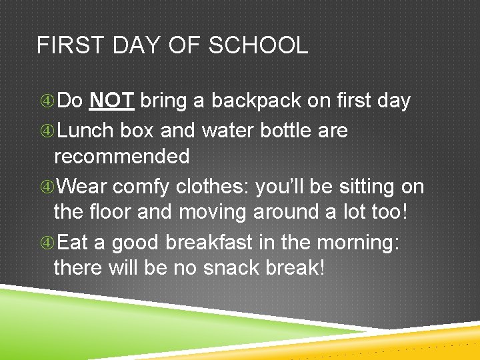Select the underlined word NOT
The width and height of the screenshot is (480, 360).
pos(113,101)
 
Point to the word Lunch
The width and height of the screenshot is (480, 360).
pos(86,130)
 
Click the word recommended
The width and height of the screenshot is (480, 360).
pos(121,157)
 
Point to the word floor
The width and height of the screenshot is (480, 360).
pos(109,213)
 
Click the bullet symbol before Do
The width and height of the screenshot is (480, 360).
pos(47,101)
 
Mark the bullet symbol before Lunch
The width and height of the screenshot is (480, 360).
pos(47,131)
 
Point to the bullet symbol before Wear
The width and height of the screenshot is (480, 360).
pos(47,187)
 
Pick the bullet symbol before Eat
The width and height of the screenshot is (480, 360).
pos(47,243)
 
